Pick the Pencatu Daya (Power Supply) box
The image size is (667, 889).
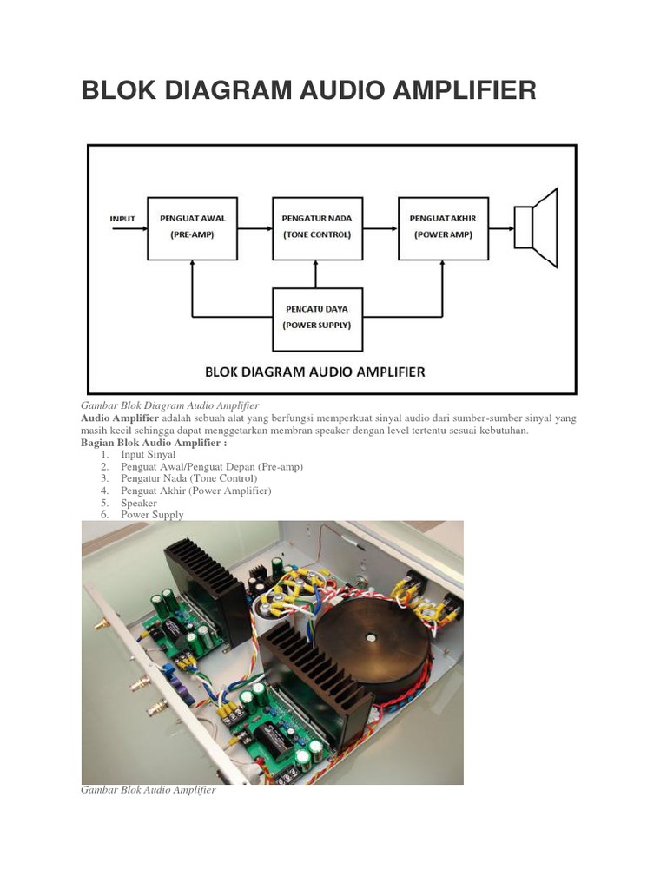317,315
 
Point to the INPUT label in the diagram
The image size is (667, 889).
122,218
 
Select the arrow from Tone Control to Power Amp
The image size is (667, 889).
380,228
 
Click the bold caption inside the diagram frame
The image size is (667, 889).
314,372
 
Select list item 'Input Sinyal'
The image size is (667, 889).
148,454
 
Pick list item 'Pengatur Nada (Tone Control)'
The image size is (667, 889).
188,478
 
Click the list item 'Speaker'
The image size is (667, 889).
139,503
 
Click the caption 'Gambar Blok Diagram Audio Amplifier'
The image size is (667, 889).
170,405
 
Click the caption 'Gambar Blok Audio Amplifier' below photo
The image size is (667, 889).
148,791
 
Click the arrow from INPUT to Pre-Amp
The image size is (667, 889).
134,228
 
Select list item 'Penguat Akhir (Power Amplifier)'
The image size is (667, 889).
195,491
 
